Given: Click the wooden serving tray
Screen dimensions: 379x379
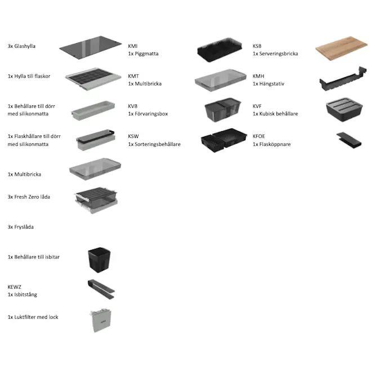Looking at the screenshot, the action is (341, 48).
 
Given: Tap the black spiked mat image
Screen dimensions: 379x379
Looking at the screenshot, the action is (220, 50).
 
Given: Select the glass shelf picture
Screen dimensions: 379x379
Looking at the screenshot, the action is (91, 48).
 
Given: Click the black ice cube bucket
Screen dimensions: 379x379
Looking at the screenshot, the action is (99, 260).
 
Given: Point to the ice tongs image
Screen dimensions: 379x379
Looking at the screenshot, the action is (101, 289).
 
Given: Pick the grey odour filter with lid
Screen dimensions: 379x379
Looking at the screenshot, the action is (101, 320).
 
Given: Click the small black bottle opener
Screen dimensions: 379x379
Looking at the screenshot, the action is (349, 140).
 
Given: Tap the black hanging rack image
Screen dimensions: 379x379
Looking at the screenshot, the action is (343, 79).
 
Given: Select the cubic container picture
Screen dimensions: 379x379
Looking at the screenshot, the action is (344, 109).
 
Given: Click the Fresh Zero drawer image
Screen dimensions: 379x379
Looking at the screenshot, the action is (96, 200).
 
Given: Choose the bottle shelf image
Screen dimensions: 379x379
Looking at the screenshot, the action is (93, 79).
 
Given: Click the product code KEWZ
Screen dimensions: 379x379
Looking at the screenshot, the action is (15, 287).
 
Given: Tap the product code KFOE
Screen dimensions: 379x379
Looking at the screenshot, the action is (259, 136).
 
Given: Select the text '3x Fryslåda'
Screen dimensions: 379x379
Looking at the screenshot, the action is (20, 227).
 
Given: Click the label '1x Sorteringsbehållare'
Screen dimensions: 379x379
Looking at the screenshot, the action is (154, 144).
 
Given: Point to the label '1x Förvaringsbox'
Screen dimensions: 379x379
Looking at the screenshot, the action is (148, 114).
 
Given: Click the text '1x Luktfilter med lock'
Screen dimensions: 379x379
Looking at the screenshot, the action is (33, 317).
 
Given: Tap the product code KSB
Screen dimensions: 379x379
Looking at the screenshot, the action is (257, 46).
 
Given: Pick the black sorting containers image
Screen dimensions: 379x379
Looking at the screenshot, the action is (224, 140).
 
